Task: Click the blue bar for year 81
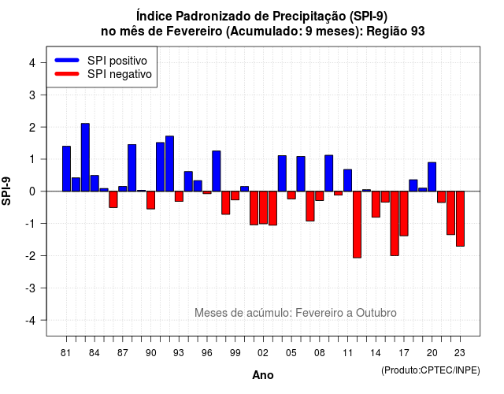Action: (x=66, y=169)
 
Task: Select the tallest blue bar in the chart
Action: (x=85, y=158)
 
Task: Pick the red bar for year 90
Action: (x=150, y=200)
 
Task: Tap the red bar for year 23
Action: (x=460, y=219)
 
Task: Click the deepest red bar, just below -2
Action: (x=357, y=225)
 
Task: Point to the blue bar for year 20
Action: (x=432, y=177)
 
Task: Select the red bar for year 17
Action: (x=404, y=214)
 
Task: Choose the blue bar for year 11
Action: (x=348, y=180)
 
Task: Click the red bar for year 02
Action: (x=263, y=207)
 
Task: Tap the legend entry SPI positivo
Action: (x=117, y=61)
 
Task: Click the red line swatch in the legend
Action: (x=67, y=74)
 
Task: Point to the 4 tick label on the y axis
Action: (x=32, y=63)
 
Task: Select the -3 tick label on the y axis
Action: (x=30, y=288)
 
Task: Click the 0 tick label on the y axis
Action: (x=32, y=191)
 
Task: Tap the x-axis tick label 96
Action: (x=207, y=353)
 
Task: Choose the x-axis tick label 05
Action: (x=291, y=353)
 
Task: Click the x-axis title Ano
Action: (x=263, y=375)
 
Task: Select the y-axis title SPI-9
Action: (x=6, y=191)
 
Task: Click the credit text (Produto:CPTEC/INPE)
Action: (x=431, y=370)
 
